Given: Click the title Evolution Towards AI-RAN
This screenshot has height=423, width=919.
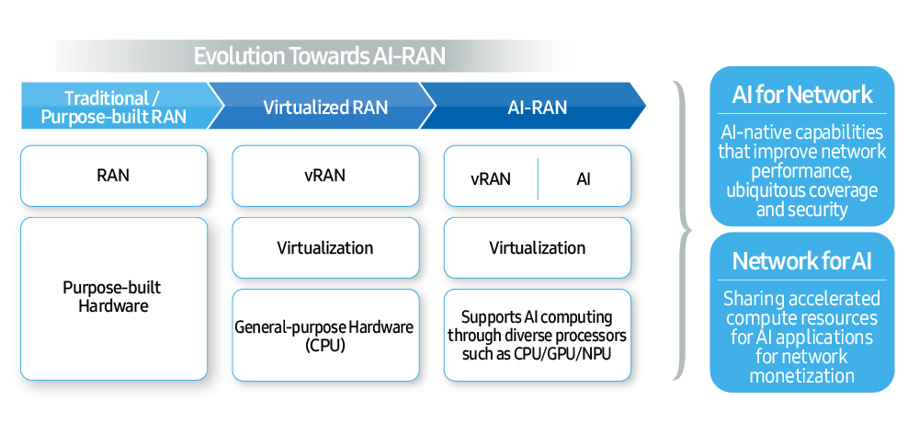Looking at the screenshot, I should coord(319,56).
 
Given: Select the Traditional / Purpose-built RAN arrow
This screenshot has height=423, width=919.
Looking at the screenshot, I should coord(113,108).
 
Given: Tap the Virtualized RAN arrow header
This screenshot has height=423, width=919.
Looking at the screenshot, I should coord(325,108).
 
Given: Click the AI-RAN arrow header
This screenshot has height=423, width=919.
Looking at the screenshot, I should coord(537,108).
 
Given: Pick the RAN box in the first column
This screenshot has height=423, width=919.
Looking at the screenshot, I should coord(113,175).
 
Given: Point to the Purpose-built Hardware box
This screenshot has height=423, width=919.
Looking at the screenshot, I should coord(113,298).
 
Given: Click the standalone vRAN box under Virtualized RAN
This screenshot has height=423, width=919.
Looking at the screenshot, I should coord(324,175).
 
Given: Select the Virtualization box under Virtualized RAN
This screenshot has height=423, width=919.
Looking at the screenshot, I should coord(324,247).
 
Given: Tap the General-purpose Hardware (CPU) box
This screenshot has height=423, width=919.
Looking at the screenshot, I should coord(324,335).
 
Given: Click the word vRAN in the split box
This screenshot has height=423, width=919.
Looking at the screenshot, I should coord(491,178).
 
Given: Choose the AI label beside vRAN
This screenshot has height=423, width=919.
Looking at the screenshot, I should coord(584,178).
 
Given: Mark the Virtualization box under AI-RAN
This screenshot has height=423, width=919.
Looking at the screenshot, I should coord(537,247).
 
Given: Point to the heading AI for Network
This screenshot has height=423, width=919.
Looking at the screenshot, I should coord(802,95).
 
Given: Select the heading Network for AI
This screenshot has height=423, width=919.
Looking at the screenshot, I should coord(802,261).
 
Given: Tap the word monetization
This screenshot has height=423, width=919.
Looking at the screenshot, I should coord(802,375).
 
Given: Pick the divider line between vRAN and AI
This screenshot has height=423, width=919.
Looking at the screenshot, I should coord(538,177).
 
